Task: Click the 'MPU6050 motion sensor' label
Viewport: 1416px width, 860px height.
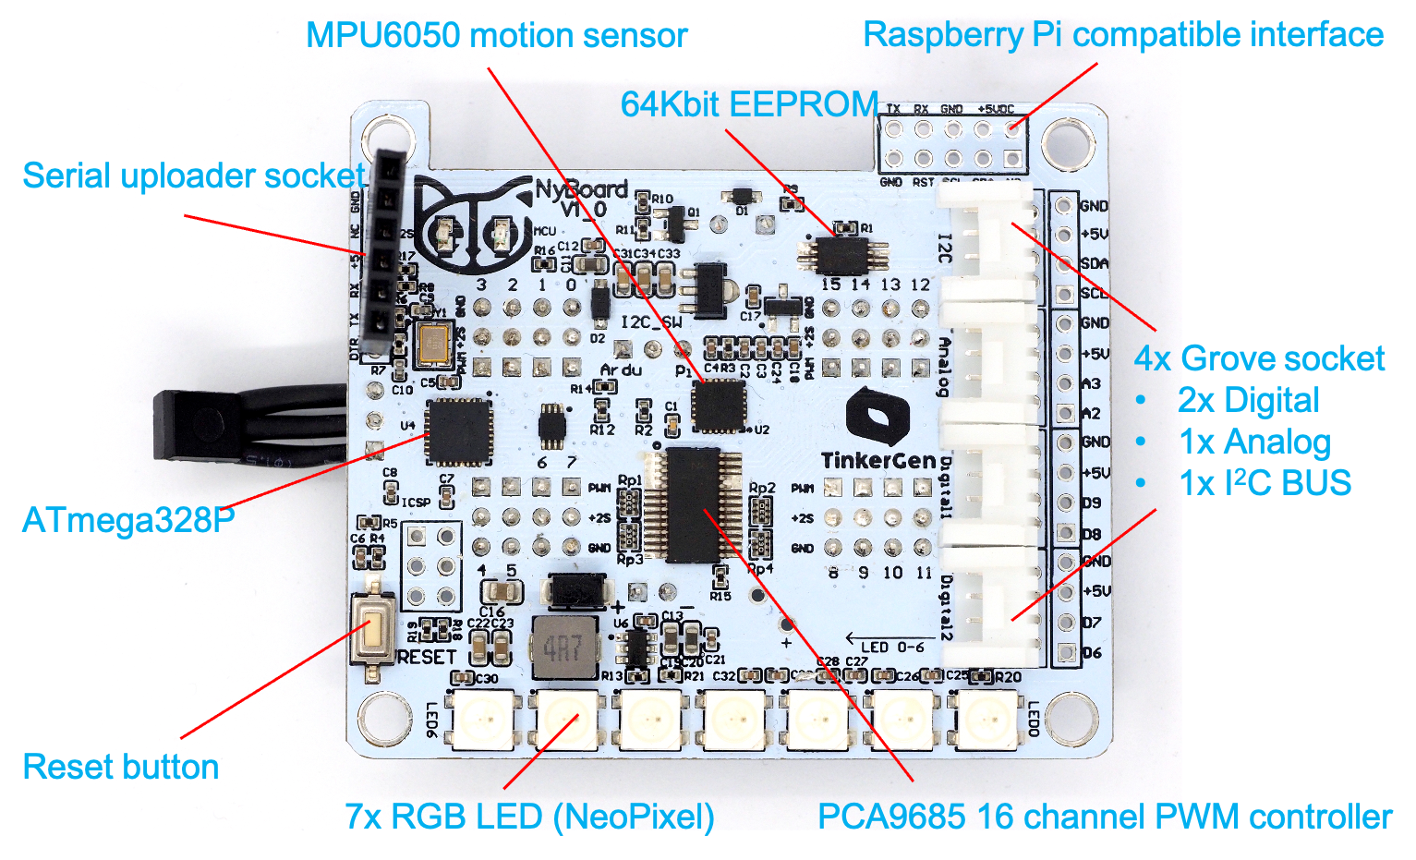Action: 496,36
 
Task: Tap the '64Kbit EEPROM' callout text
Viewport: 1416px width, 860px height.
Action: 749,104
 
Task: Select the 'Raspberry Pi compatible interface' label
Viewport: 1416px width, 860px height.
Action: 1122,35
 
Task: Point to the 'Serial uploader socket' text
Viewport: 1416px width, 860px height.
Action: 194,176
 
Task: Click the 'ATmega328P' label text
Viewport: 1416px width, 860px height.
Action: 128,520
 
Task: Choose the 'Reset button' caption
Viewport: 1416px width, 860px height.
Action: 120,767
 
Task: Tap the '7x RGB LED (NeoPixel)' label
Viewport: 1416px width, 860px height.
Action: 529,817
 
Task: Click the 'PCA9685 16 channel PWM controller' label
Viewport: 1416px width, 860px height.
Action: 1105,817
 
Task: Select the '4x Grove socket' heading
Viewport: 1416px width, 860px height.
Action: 1259,358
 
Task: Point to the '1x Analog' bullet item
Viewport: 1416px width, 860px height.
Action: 1255,442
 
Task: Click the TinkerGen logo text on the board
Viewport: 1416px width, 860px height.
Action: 877,460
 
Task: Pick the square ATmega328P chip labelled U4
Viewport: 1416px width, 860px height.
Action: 457,431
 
